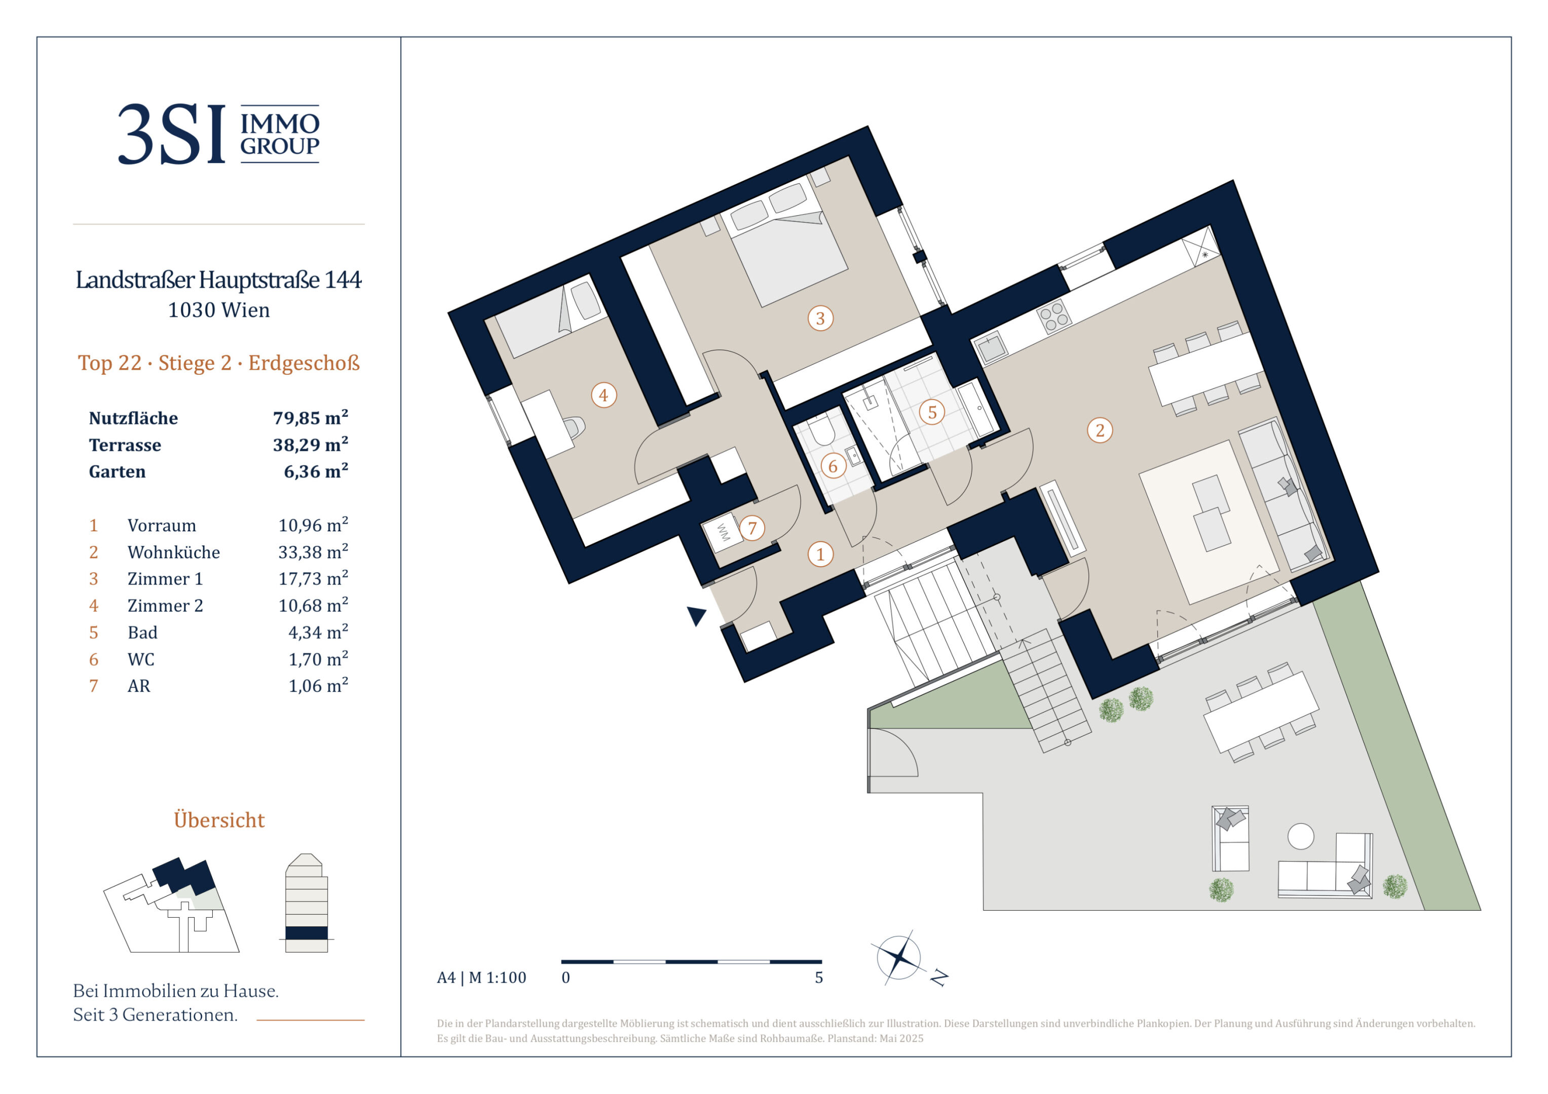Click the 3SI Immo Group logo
[x=218, y=134]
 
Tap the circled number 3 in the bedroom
[x=820, y=318]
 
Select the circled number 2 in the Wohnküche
[x=1100, y=430]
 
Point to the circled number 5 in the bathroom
[x=932, y=412]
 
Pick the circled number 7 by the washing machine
[x=752, y=528]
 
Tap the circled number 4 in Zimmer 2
[x=603, y=395]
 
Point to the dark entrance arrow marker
[x=696, y=615]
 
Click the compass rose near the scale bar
[x=899, y=957]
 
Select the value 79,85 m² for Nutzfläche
[x=310, y=418]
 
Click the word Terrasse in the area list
[x=125, y=445]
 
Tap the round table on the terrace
[x=1301, y=837]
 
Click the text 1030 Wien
[x=218, y=310]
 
